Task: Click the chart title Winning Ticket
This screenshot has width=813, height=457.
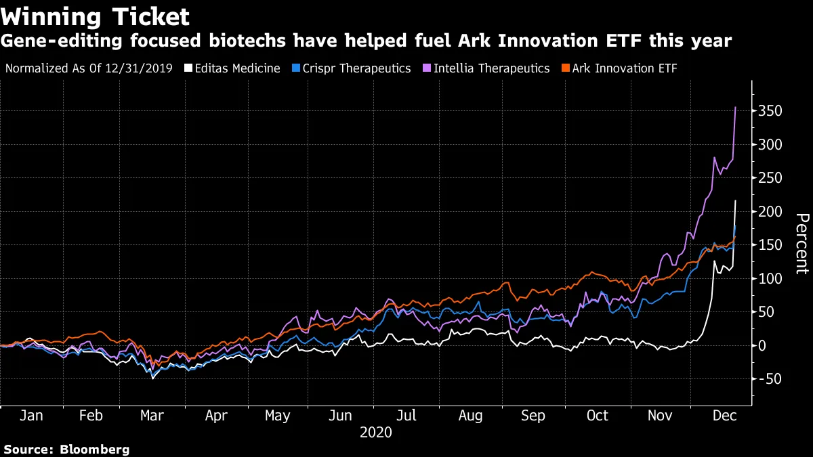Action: [95, 16]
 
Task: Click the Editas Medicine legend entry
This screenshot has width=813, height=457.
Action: [232, 68]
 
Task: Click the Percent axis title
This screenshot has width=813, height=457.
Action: [801, 244]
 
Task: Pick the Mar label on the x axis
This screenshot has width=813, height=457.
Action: [152, 416]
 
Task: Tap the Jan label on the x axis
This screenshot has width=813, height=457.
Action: [32, 416]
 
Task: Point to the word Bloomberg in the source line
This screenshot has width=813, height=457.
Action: [95, 449]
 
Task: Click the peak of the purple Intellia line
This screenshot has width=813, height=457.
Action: [736, 107]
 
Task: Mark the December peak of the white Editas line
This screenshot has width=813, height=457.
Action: [736, 200]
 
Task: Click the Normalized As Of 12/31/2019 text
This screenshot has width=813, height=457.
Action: [89, 68]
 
